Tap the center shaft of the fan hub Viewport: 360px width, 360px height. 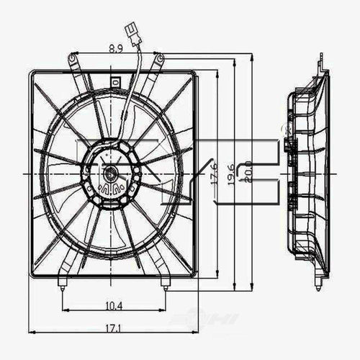110,174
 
